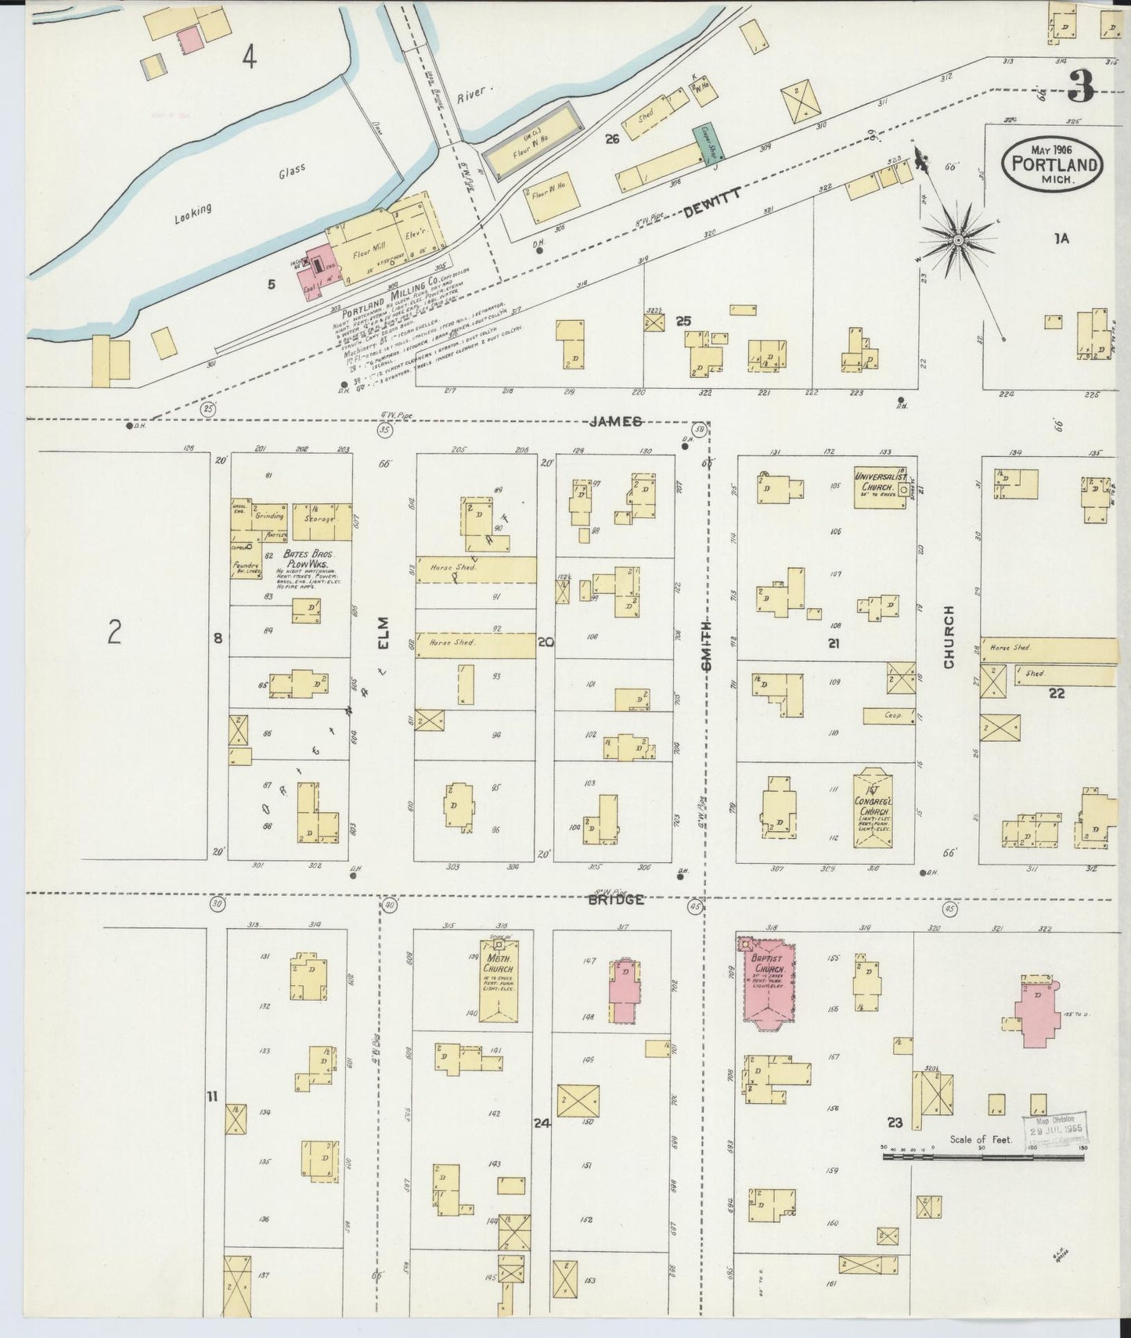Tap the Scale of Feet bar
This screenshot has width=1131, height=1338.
pyautogui.click(x=983, y=1155)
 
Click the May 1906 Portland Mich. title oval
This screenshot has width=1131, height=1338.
pyautogui.click(x=1050, y=164)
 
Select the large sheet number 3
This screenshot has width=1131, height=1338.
pyautogui.click(x=1081, y=86)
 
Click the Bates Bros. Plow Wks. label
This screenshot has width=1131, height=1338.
pyautogui.click(x=312, y=558)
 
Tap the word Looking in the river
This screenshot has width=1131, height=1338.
pyautogui.click(x=192, y=214)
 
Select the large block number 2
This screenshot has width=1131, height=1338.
pyautogui.click(x=114, y=631)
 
